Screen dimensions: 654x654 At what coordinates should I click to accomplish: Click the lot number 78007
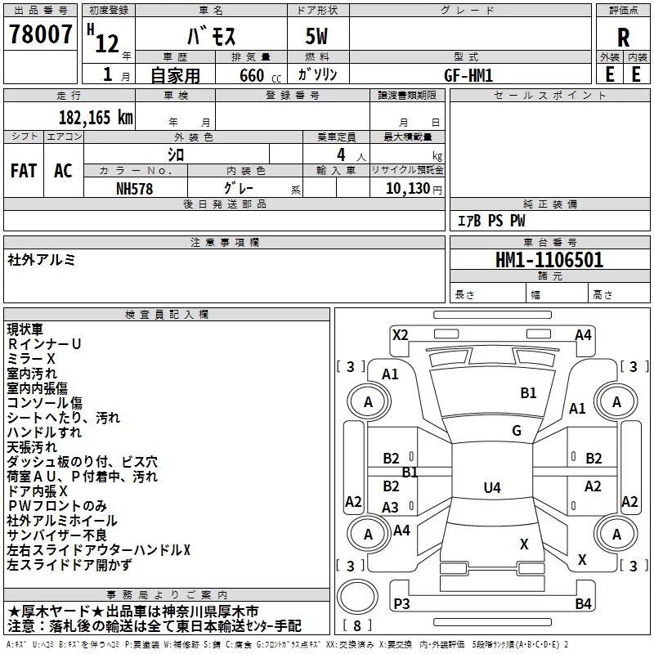coord(40,34)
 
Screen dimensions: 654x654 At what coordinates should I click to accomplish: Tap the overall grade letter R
coord(623,38)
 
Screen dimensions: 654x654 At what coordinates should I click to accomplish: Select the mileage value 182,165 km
coord(96,118)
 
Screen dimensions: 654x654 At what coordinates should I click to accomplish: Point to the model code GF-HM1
coord(468,75)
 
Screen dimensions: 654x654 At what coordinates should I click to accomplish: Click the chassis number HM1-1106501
coord(549,260)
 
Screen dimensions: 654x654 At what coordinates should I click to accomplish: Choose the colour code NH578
coord(134,189)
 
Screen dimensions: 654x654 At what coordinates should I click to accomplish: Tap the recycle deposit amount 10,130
coord(408,188)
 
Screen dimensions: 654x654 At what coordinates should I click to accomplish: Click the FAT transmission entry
coord(24,171)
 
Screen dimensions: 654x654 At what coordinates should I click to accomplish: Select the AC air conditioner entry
coord(63,171)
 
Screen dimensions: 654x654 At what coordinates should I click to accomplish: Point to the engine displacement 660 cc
coord(260,75)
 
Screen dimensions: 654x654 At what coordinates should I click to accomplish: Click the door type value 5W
coord(316,36)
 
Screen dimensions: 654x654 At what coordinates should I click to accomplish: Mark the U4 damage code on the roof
coord(492,487)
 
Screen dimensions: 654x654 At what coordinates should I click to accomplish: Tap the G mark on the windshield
coord(517,431)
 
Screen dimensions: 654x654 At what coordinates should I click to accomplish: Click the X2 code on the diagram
coord(400,335)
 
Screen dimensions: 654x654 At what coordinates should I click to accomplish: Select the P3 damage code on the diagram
coord(401,603)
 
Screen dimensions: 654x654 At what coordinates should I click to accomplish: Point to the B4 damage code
coord(583,603)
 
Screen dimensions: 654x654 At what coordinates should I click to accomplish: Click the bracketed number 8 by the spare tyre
coord(357,625)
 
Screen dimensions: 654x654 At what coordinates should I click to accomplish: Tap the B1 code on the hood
coord(528,393)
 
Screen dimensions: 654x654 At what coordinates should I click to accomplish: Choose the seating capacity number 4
coord(341,155)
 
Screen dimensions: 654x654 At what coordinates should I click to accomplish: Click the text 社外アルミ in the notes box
coord(42,260)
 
